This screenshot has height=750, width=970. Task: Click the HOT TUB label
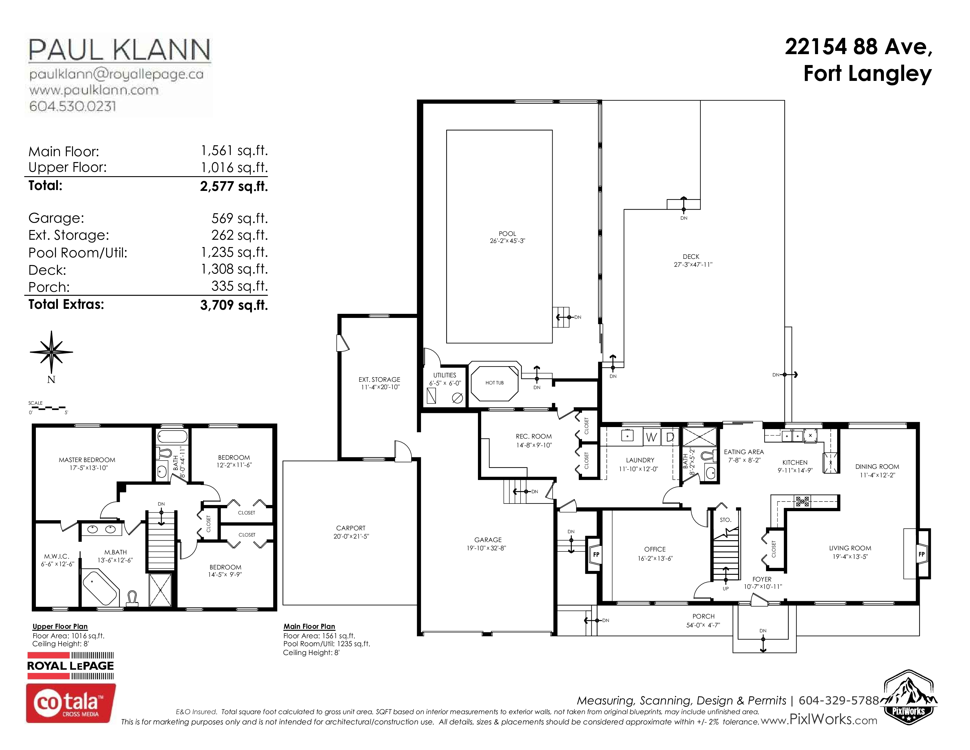coord(494,383)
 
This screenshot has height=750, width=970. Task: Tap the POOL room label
coord(507,234)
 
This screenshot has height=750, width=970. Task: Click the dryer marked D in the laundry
coord(670,437)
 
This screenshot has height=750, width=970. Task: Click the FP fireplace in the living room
coord(921,554)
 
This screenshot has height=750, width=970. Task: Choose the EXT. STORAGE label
coord(379,379)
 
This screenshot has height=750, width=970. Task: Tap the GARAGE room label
coord(488,540)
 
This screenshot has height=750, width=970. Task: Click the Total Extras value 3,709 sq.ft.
coord(234,305)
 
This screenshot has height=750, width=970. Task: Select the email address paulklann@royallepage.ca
coord(116,74)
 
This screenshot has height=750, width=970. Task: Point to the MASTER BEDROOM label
coord(87,460)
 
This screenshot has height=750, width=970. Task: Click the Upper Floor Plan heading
coord(60,626)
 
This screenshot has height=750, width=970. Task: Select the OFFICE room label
coord(655,549)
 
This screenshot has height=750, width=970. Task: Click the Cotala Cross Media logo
coord(71,703)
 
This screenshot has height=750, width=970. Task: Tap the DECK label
coord(691,257)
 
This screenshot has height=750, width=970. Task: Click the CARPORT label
coord(351,528)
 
